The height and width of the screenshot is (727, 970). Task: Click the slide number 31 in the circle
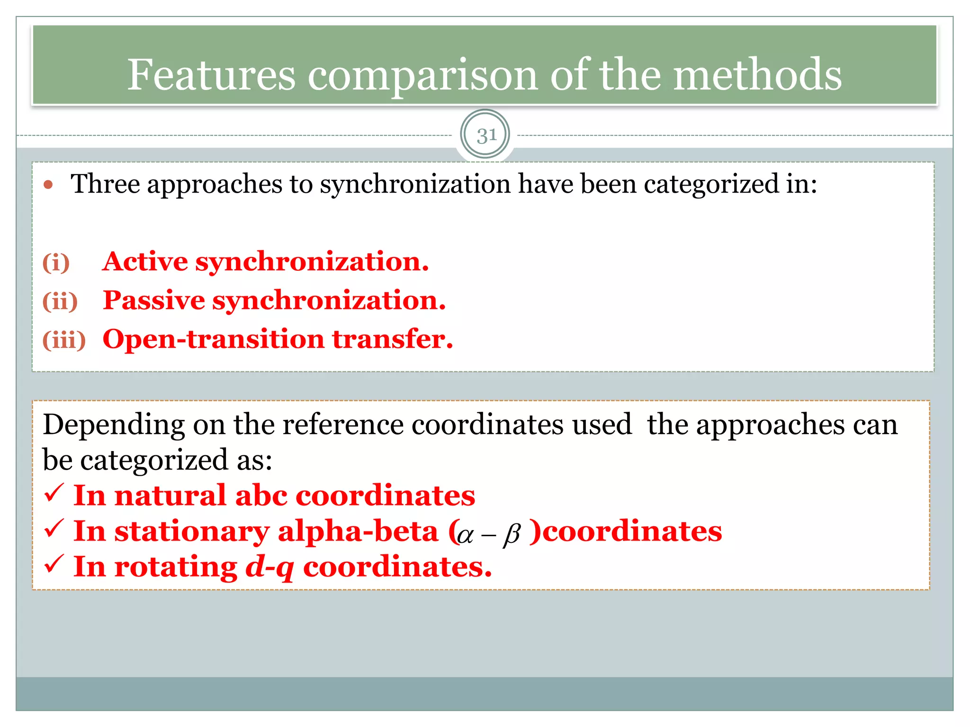[x=485, y=135]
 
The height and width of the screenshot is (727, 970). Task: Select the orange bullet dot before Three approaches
[x=48, y=185]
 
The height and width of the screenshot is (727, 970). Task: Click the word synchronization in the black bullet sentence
[x=415, y=185]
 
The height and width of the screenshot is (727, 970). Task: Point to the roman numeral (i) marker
[x=56, y=263]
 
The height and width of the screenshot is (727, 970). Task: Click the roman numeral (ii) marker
[x=60, y=301]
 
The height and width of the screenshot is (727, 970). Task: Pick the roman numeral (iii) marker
[x=64, y=340]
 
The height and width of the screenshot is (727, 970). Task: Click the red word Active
[x=145, y=262]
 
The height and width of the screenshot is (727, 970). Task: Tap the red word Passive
[x=153, y=301]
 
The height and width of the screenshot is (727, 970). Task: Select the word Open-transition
[x=213, y=339]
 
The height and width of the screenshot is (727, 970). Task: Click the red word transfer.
[x=392, y=339]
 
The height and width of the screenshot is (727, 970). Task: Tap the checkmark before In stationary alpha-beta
[x=54, y=529]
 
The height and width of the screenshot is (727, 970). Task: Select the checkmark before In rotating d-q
[x=54, y=564]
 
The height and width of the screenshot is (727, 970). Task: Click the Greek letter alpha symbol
[x=466, y=535]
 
